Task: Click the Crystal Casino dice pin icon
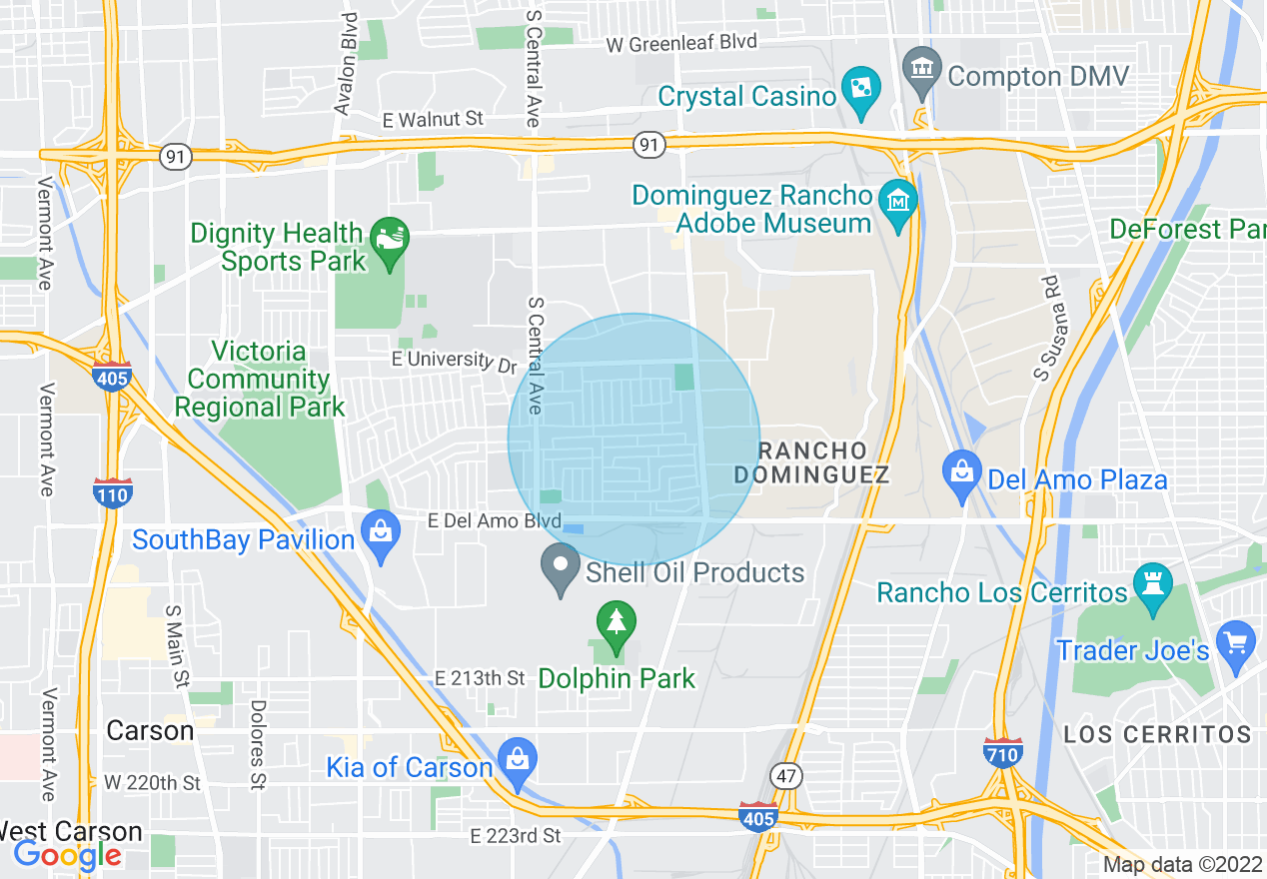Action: [858, 86]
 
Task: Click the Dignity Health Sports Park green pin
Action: [388, 241]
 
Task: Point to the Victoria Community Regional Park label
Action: [259, 380]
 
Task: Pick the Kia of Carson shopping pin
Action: [518, 760]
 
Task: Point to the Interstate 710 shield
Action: [1001, 752]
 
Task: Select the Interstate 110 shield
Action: [112, 493]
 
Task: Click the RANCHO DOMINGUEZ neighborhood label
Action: [810, 462]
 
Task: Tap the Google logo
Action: [67, 855]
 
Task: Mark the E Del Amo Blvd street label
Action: [494, 520]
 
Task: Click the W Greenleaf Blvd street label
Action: [682, 42]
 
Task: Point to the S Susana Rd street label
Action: [1046, 329]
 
